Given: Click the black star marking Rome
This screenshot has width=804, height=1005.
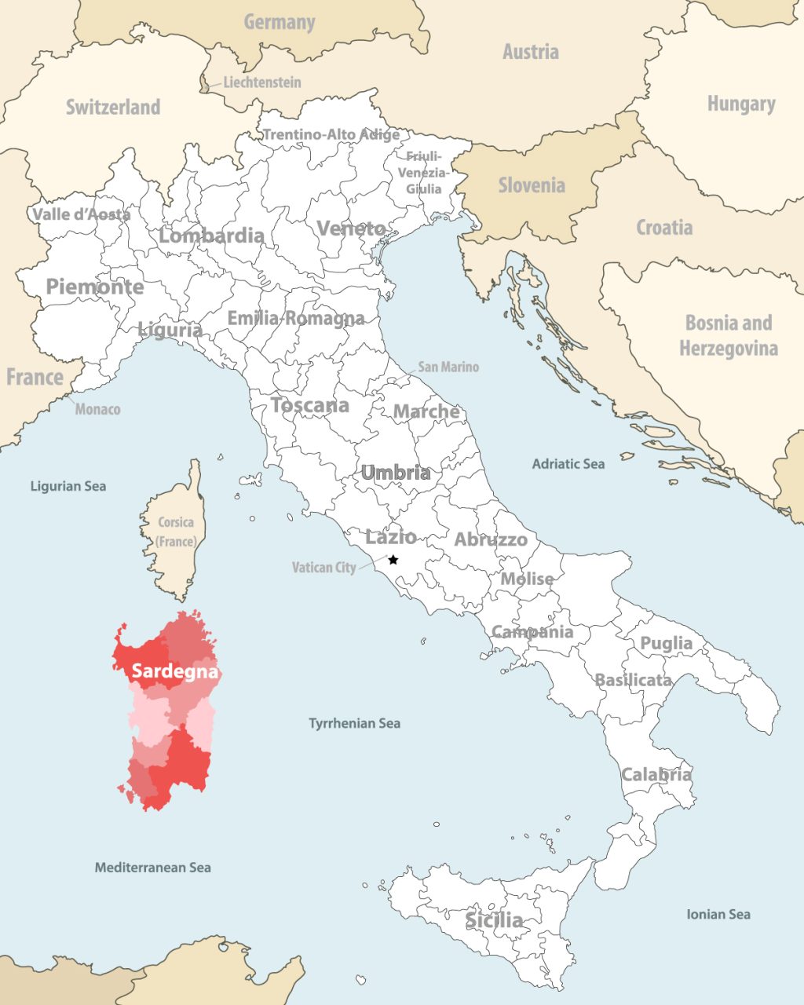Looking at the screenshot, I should (393, 560).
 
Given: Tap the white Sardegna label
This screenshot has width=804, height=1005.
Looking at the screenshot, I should (175, 672).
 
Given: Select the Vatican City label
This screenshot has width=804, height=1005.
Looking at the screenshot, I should (324, 567).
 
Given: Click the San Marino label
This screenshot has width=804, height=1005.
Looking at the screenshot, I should (448, 367).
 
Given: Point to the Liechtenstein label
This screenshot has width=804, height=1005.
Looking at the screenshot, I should (261, 82).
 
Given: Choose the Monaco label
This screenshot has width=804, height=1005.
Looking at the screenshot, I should (98, 409).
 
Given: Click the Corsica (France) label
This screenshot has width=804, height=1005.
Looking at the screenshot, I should (176, 532).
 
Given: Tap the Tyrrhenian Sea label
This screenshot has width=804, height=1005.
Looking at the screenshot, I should (354, 723).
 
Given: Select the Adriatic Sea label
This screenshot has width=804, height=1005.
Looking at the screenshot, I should (568, 464).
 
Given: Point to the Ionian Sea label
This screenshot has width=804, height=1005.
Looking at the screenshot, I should (718, 914).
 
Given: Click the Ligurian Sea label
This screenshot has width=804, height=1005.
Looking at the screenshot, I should (68, 486).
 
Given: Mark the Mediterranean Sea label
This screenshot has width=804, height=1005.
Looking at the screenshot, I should (153, 868).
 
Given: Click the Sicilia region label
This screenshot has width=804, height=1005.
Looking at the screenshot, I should (494, 920).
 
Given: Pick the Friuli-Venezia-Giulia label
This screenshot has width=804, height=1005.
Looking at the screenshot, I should (424, 173).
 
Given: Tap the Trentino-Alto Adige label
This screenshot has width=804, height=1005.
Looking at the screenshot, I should (331, 134).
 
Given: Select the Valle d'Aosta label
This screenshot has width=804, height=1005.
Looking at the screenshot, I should (82, 214).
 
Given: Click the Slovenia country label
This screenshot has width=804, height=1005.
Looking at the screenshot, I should (532, 185).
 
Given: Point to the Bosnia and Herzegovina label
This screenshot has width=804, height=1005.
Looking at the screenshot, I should (729, 335).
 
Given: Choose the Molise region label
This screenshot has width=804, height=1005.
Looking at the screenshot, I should (528, 579).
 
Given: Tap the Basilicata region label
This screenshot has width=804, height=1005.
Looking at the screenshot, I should (634, 680).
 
